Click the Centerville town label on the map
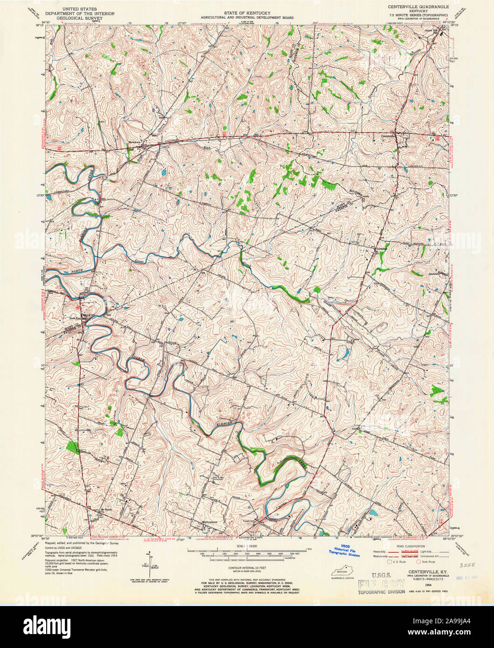coord(388,136)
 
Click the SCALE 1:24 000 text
coord(247,546)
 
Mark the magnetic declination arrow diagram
coord(150,565)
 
